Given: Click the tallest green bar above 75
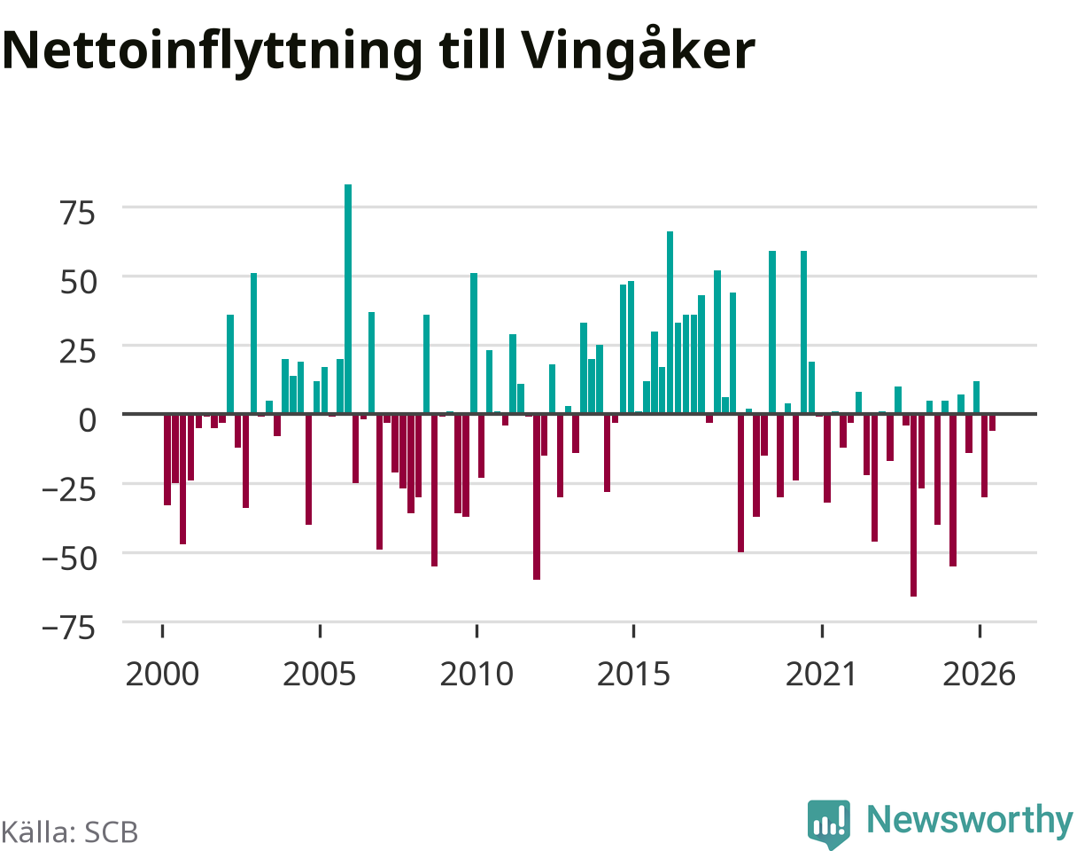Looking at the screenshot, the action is point(348,299).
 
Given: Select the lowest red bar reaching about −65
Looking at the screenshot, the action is point(913,505).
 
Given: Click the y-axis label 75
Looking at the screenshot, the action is point(78,213).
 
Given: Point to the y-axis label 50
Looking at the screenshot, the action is point(78,282).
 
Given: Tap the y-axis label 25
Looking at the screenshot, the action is point(78,352).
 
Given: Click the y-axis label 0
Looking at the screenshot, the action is point(87,420).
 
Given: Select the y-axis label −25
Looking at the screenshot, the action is point(68,490).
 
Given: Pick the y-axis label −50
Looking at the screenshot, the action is point(68,559).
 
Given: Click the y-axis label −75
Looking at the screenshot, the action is point(68,628).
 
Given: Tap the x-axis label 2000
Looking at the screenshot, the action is point(162,675).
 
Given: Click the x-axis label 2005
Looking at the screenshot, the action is point(320,675).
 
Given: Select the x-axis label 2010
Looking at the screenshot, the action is point(477,675).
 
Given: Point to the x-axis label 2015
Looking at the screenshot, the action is point(633,675).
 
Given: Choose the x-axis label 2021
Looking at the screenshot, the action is point(822,675).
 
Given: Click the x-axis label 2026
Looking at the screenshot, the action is point(979,675).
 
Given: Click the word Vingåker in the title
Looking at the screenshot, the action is point(637,51).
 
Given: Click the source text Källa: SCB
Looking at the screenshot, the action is point(69,832).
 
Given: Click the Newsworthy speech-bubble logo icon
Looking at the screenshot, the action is point(829,823).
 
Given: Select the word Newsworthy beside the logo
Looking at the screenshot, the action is point(971,821).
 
